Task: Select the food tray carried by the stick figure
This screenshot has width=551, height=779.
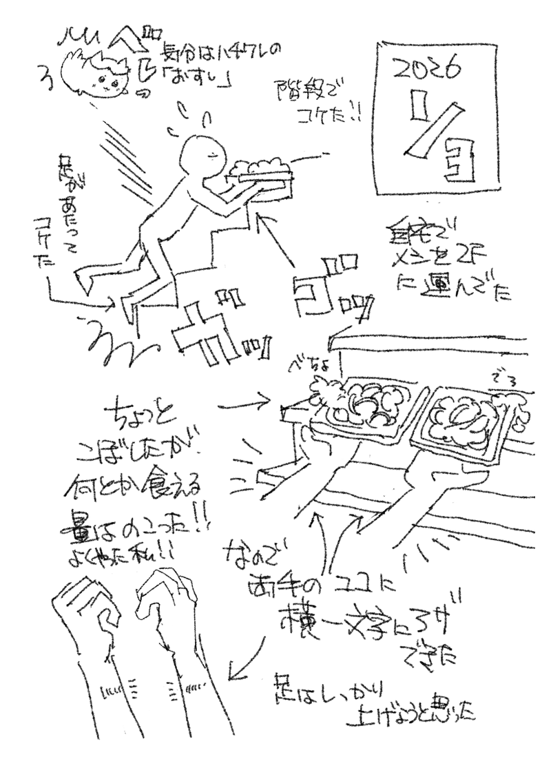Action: (x=260, y=172)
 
